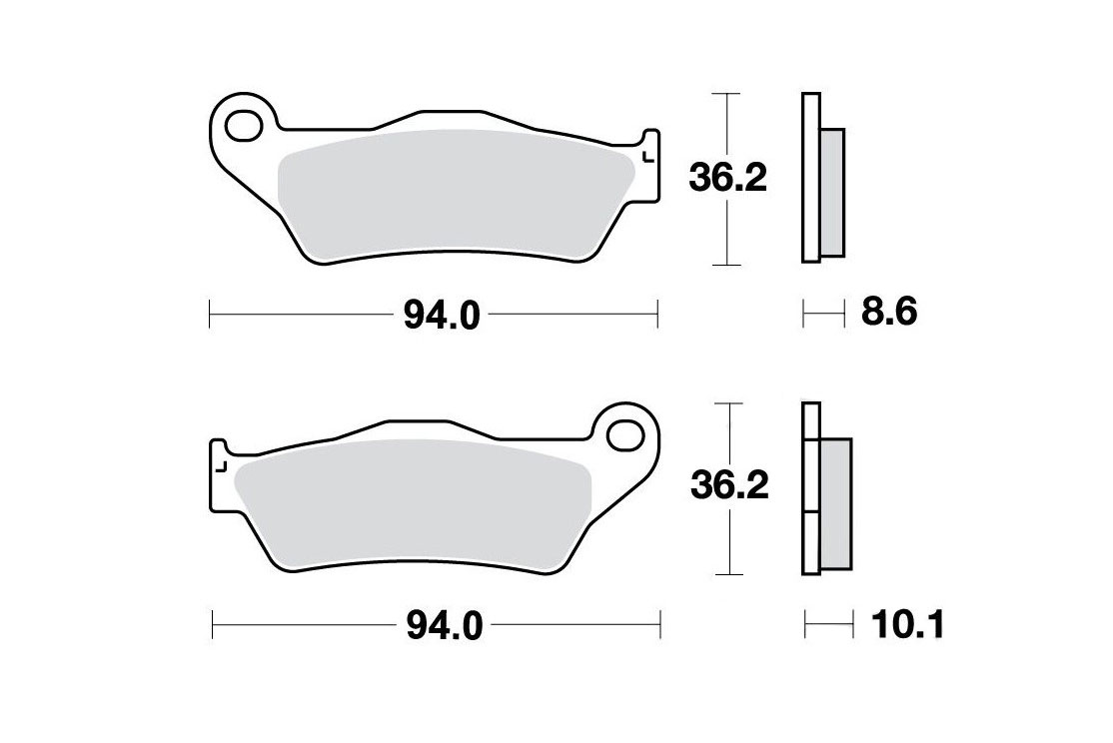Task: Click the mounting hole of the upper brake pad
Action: coord(244,126)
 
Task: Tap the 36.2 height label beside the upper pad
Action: coord(727,179)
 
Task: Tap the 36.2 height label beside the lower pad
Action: coord(729,486)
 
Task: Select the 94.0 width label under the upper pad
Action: coord(443,316)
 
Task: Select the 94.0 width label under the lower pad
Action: coord(445,626)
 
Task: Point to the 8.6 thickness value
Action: coord(889,312)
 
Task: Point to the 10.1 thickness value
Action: coord(908,625)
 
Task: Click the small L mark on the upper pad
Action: coord(646,157)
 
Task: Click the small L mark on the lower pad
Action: coord(221,466)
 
